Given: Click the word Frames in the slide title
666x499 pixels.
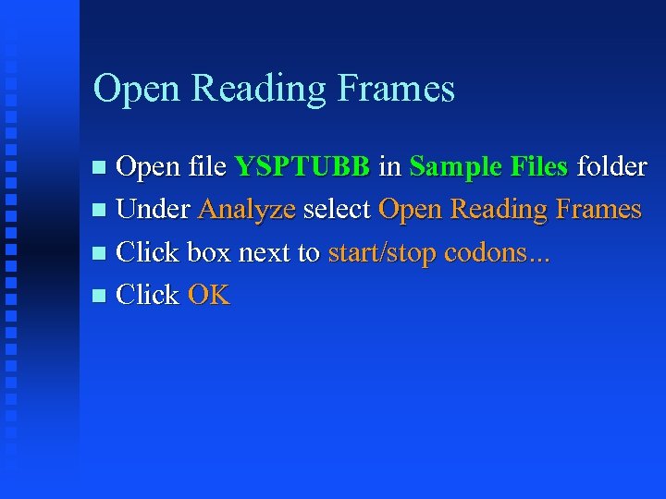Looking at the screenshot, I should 398,89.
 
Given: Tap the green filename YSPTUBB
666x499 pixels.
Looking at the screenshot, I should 302,167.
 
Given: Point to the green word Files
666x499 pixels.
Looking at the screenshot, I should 536,167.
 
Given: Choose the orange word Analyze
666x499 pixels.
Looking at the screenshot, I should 247,211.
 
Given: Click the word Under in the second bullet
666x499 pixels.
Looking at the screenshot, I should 154,210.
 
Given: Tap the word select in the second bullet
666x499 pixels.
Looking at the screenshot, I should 337,210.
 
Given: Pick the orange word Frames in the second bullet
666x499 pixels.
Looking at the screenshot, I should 598,210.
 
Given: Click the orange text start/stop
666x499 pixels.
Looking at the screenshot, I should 382,253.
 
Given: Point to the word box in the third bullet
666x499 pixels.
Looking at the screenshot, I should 209,252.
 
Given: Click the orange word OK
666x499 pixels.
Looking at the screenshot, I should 209,296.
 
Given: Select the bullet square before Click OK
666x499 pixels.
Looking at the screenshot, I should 101,297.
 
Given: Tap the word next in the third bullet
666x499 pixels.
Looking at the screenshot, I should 266,253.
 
